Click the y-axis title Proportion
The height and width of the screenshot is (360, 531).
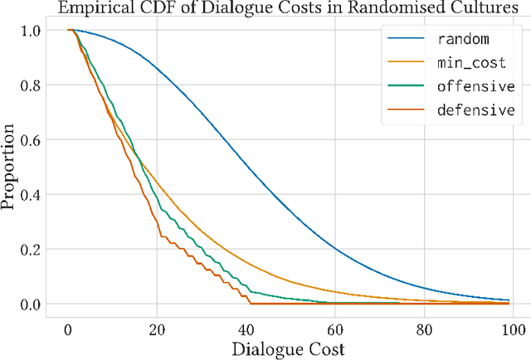click(x=11, y=167)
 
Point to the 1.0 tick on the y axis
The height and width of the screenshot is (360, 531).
click(x=32, y=30)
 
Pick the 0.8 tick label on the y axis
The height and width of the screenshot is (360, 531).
click(x=32, y=85)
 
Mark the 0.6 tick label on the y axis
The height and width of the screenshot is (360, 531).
click(x=32, y=139)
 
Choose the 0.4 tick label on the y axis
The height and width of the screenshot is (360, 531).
click(x=32, y=194)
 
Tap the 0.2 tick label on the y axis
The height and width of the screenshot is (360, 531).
click(x=32, y=249)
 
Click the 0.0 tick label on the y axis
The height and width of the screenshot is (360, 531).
click(x=32, y=304)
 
